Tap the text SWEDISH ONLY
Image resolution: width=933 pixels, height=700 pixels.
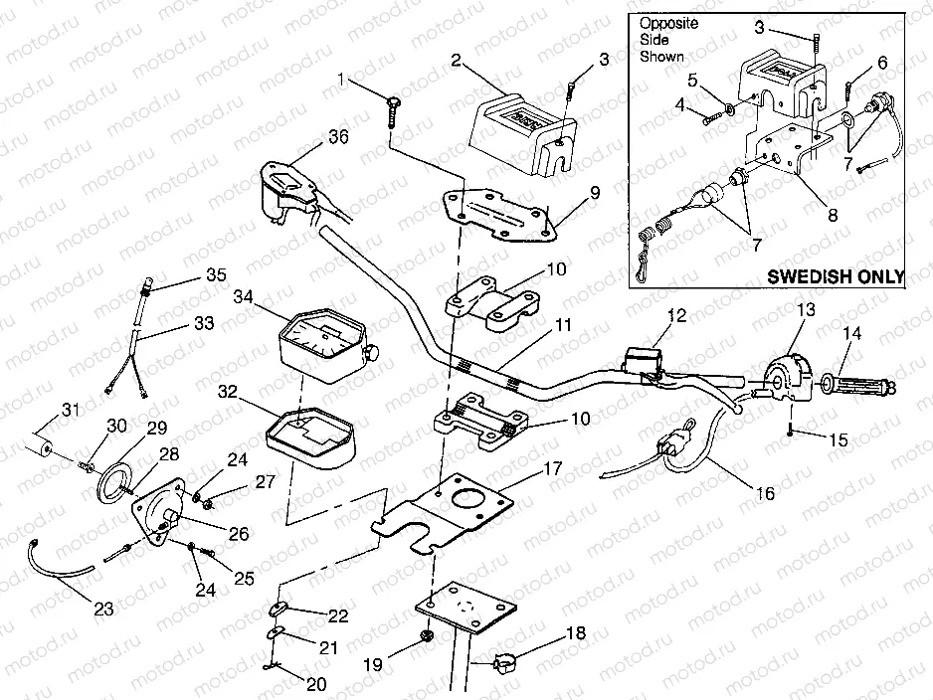coord(836,276)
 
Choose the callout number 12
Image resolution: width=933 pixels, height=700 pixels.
coord(677,316)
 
